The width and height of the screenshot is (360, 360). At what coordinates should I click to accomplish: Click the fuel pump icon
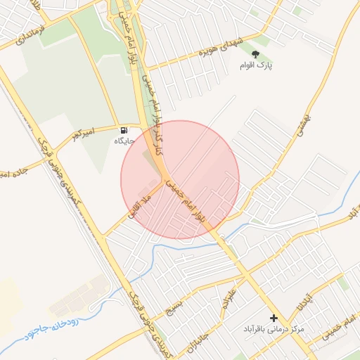[x=124, y=130]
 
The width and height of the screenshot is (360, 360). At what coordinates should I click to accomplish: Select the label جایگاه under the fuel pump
[x=124, y=141]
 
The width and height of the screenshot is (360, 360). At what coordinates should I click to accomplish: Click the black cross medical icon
[x=274, y=319]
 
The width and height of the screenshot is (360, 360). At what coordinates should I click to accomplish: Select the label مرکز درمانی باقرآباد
[x=274, y=329]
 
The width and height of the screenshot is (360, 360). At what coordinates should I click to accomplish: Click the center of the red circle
[x=180, y=180]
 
